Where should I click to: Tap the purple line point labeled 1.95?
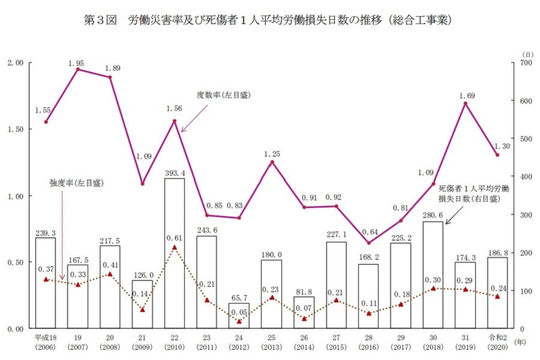click(78, 70)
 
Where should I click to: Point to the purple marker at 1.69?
click(466, 103)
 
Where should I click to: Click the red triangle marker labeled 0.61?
click(175, 247)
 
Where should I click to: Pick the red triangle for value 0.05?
click(239, 322)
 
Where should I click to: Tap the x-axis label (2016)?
click(368, 348)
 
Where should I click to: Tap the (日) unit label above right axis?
click(526, 54)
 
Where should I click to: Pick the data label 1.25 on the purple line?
click(272, 154)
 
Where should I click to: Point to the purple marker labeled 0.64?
click(368, 243)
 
